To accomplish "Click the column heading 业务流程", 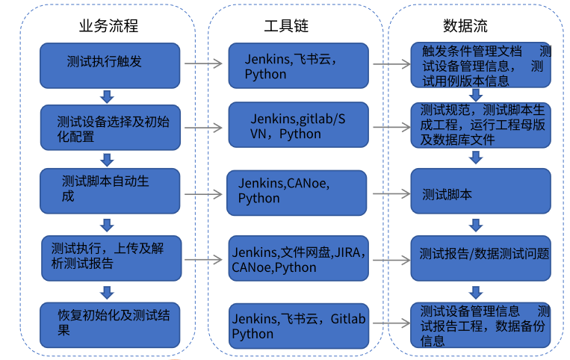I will (108, 26).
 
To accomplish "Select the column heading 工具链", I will (285, 26).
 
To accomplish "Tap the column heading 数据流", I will (465, 26).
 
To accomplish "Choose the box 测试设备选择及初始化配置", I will (110, 128).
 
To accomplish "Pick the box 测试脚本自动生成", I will (110, 190).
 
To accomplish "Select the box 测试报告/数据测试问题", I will (479, 255).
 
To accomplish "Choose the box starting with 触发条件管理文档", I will (479, 65).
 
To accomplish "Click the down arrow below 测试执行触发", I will (107, 96).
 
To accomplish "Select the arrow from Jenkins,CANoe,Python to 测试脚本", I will (388, 193).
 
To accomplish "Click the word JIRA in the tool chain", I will (350, 252).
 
